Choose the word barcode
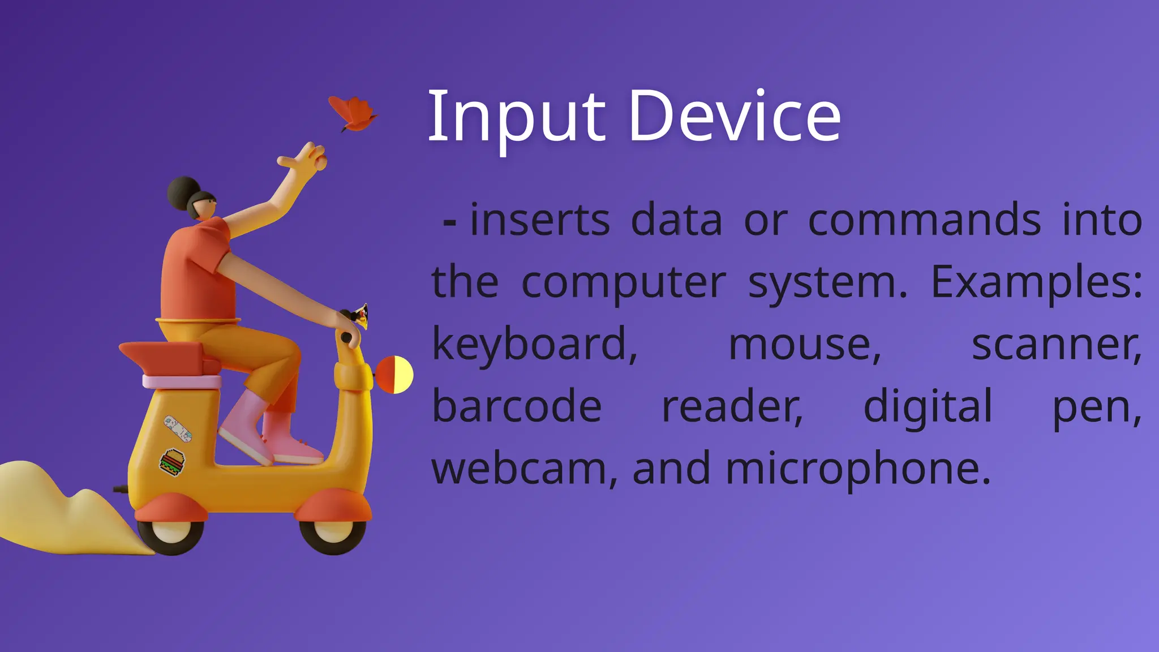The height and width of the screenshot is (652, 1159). click(x=517, y=406)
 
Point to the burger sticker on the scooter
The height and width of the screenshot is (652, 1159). click(x=172, y=462)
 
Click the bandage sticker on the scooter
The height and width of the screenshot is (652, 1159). click(x=178, y=428)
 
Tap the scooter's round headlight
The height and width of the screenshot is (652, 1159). click(x=394, y=375)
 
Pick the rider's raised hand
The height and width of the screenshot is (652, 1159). click(x=306, y=158)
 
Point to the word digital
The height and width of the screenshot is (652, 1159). click(x=928, y=406)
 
